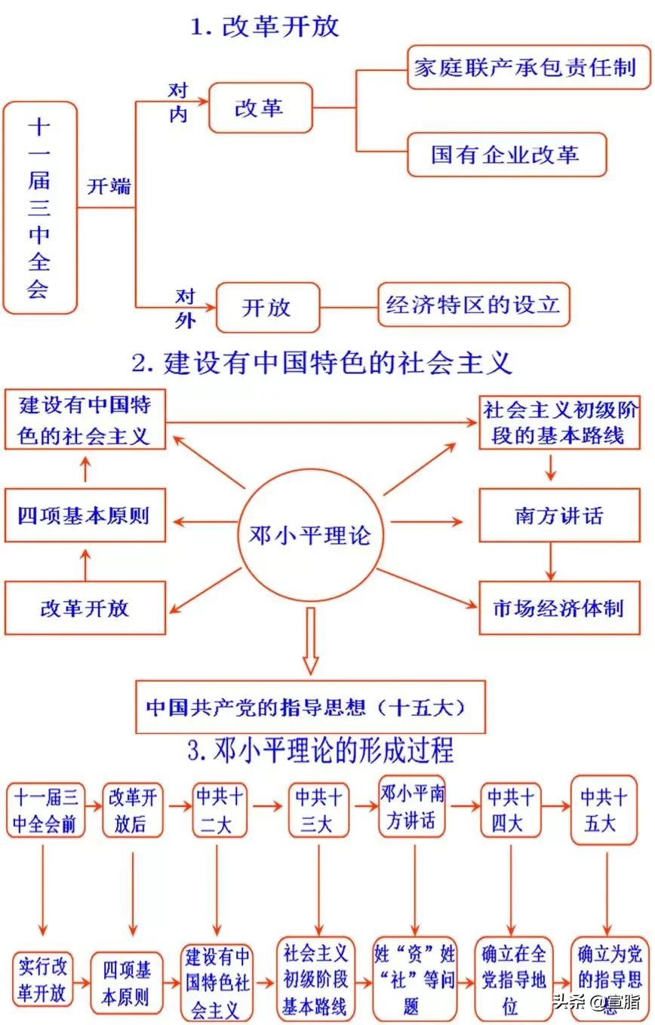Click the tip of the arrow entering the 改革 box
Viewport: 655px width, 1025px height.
tap(208, 101)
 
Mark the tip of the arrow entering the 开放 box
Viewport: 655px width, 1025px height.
tap(215, 307)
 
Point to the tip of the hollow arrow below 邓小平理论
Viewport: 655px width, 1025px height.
tap(311, 674)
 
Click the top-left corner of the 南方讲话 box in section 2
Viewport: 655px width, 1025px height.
tap(480, 489)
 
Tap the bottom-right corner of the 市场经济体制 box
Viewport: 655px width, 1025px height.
tap(640, 634)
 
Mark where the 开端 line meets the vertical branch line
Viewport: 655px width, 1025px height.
tap(136, 207)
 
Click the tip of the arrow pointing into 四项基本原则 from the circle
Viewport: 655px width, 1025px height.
tap(174, 522)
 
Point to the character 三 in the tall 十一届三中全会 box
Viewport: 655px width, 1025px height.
tap(39, 207)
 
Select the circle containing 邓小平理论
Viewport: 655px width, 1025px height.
tap(311, 535)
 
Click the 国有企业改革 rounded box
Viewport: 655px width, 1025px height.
tap(506, 155)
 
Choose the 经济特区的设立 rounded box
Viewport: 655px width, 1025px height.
tap(474, 305)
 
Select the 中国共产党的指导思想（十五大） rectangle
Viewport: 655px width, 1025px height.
tap(310, 707)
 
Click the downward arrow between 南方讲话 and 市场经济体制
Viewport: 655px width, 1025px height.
tap(551, 561)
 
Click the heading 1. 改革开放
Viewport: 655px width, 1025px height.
tap(265, 26)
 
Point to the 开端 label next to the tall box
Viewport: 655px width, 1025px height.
tap(109, 186)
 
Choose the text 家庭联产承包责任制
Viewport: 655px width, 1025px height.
tap(525, 68)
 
